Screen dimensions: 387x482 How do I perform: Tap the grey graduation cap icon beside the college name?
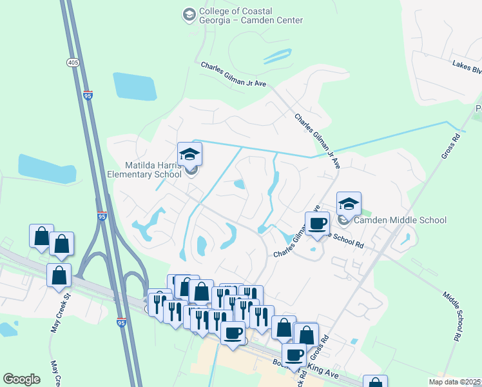(189, 14)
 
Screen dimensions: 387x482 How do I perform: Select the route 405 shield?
(72, 63)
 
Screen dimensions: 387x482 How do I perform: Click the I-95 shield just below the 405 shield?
(88, 95)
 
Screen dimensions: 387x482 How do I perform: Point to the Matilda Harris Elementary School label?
(144, 170)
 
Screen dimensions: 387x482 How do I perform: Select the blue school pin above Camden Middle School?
(349, 203)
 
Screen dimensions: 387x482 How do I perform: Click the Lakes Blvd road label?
(467, 64)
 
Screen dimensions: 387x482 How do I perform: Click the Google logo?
(22, 379)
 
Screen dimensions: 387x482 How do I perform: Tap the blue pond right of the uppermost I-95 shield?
(135, 86)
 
